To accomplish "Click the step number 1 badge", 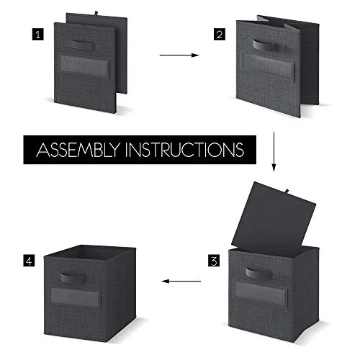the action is [38, 35].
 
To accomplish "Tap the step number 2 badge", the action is [220, 35].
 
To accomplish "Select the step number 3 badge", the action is [214, 261].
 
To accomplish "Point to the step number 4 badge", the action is [29, 261].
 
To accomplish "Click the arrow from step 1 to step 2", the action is [179, 55].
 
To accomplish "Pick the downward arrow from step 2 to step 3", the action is [274, 152].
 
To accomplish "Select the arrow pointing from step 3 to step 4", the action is [181, 281].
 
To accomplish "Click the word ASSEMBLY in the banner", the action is [78, 150].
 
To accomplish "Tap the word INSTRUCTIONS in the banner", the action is [184, 150].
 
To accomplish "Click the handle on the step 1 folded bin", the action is [83, 45].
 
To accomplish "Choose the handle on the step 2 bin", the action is [266, 45].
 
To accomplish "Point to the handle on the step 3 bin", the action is [259, 274].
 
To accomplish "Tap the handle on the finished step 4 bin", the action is [74, 277].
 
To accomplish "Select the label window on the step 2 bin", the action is [269, 66].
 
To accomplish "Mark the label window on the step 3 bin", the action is [261, 293].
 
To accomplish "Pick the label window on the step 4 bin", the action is [76, 297].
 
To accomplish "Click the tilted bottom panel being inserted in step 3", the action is [273, 218].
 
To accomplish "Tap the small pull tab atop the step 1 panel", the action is [96, 14].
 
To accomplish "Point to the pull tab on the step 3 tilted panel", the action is [287, 192].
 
